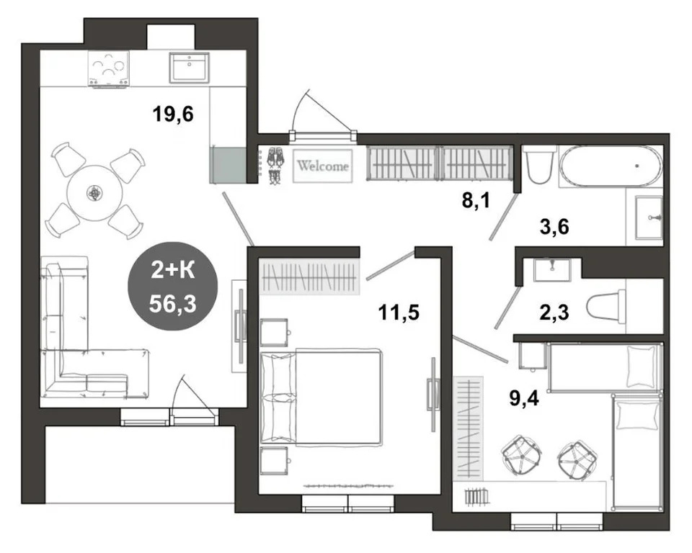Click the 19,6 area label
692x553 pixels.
[x=173, y=114]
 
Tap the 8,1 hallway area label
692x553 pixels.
[x=476, y=201]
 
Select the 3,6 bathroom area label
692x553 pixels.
[x=554, y=227]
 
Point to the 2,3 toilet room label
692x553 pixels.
[x=554, y=313]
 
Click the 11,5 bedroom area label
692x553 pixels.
[x=399, y=313]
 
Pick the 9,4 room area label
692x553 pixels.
[x=524, y=399]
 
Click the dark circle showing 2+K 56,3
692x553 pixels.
[x=172, y=286]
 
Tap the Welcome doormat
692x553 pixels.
[x=323, y=166]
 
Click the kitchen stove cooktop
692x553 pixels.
[x=109, y=68]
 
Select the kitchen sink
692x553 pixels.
[x=190, y=67]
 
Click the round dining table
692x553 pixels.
[x=94, y=193]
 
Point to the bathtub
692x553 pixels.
[x=611, y=166]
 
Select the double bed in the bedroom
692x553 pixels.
[x=321, y=397]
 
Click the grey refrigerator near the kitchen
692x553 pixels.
[x=228, y=165]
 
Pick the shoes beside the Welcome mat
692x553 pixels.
[x=275, y=166]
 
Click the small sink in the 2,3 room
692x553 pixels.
[x=552, y=269]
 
